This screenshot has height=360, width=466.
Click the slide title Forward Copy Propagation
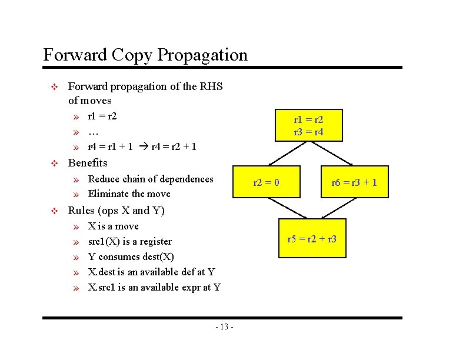(x=145, y=55)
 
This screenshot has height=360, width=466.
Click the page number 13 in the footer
(x=224, y=327)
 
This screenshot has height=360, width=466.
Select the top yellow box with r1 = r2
(x=309, y=125)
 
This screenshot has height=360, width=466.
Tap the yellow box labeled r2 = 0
(x=266, y=183)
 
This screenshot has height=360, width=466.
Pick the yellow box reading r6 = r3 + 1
(x=354, y=183)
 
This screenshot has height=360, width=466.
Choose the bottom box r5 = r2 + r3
(x=311, y=239)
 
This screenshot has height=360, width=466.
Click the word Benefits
(x=88, y=163)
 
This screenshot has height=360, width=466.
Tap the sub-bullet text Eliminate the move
(x=129, y=194)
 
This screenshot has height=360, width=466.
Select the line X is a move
(x=113, y=226)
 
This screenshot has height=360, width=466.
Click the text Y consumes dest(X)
(x=131, y=256)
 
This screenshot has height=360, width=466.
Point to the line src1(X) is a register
(x=129, y=241)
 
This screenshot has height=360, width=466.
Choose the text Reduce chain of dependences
(x=150, y=179)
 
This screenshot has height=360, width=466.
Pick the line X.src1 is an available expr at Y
(x=154, y=287)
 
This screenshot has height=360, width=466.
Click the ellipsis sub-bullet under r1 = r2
(x=93, y=132)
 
